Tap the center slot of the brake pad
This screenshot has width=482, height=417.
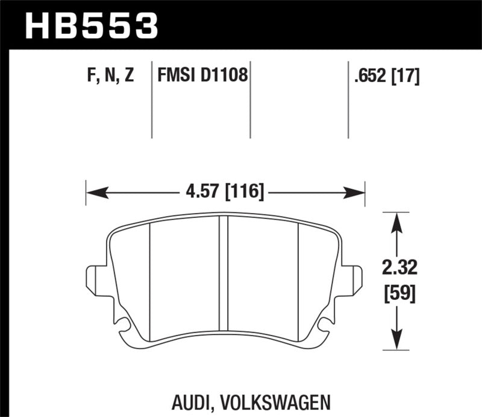[224, 278]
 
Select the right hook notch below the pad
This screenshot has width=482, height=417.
[325, 326]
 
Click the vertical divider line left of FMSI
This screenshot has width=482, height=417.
[151, 100]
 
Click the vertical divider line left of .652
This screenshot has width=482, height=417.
[349, 100]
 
